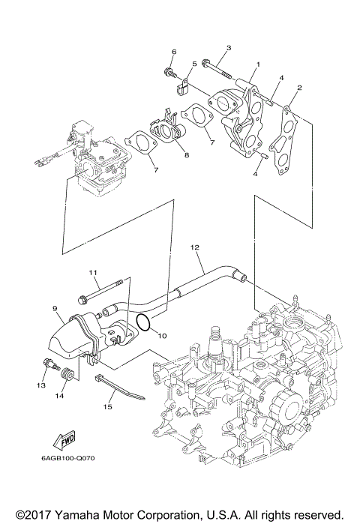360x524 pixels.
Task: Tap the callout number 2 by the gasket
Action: coord(299,88)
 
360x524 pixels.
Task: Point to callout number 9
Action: coord(55,307)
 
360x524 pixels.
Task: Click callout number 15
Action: coord(106,407)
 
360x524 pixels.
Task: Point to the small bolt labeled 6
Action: coord(168,73)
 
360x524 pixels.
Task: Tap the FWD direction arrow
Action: coord(64,437)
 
